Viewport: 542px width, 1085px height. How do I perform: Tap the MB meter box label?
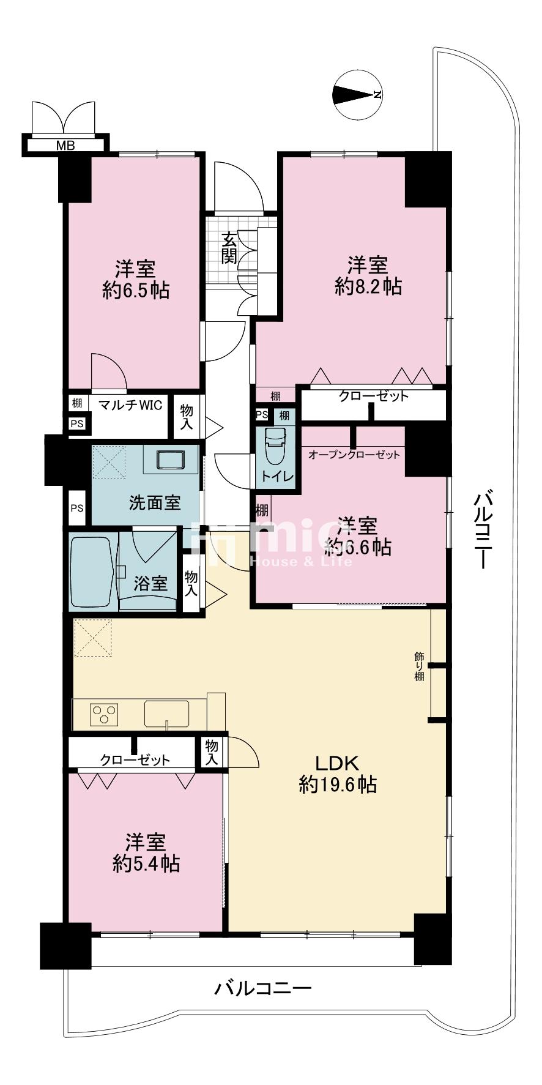[x=65, y=146]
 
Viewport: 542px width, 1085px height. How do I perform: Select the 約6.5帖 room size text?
[x=136, y=290]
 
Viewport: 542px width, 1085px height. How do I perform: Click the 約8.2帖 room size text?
[x=368, y=286]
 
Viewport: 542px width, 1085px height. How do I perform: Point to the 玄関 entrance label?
[x=229, y=248]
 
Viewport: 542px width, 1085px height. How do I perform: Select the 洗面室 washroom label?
[x=155, y=502]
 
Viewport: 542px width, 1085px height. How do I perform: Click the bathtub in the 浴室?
[x=92, y=572]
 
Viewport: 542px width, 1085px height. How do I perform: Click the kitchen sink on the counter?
[x=167, y=714]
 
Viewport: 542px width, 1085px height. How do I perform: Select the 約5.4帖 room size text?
[x=146, y=863]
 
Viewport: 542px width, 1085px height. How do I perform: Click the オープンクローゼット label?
[x=355, y=455]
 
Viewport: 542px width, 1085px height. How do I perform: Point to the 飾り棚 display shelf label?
[x=419, y=667]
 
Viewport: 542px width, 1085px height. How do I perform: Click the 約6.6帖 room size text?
[x=358, y=546]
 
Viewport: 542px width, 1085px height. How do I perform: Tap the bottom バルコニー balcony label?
[x=263, y=988]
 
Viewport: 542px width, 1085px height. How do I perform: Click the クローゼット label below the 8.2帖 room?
[x=374, y=397]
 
